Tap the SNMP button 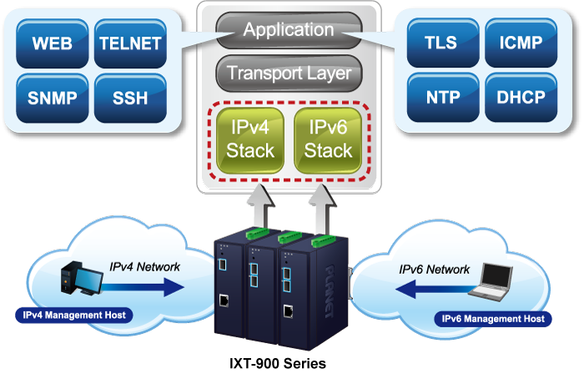(52, 97)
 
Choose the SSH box (129, 97)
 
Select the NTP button (441, 97)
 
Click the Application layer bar (288, 31)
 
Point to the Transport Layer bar (288, 73)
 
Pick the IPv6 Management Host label (493, 318)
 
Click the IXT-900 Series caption (278, 362)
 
